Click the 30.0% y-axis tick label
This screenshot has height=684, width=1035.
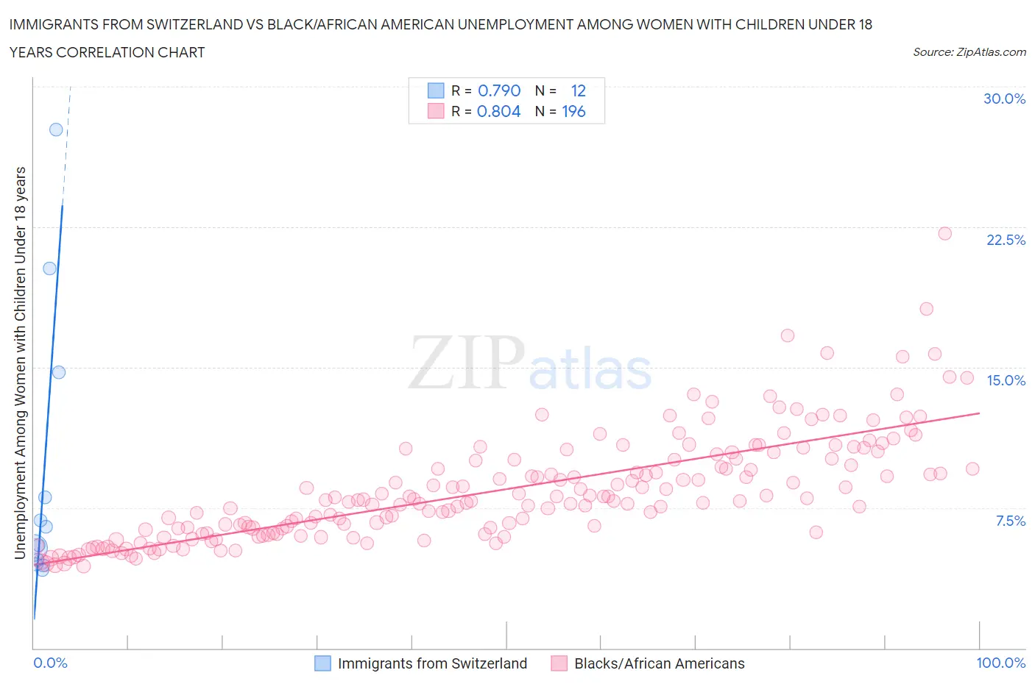coord(1004,99)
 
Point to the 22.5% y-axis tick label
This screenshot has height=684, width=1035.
coord(1006,240)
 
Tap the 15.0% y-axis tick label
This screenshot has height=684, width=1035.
coord(1006,380)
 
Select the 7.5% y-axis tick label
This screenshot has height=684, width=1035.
coord(1010,521)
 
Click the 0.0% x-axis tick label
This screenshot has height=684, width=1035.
coord(50,663)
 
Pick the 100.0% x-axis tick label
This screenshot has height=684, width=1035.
coord(1000,663)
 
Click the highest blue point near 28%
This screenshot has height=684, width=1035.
coord(56,129)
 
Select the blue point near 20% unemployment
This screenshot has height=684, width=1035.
coord(49,268)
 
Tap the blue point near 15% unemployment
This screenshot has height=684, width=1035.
coord(59,372)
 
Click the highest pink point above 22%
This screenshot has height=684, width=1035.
coord(944,233)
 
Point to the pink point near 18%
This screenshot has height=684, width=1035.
coord(926,309)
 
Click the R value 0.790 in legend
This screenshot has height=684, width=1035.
coord(499,90)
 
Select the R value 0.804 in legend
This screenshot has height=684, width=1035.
coord(498,111)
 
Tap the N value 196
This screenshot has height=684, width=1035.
coord(573,111)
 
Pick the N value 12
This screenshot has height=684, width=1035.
coord(578,90)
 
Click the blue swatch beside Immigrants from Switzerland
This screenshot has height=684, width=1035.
coord(322,663)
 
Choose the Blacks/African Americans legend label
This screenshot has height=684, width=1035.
coord(659,663)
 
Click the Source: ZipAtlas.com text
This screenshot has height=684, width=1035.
coord(969,52)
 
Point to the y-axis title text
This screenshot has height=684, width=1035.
coord(20,363)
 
